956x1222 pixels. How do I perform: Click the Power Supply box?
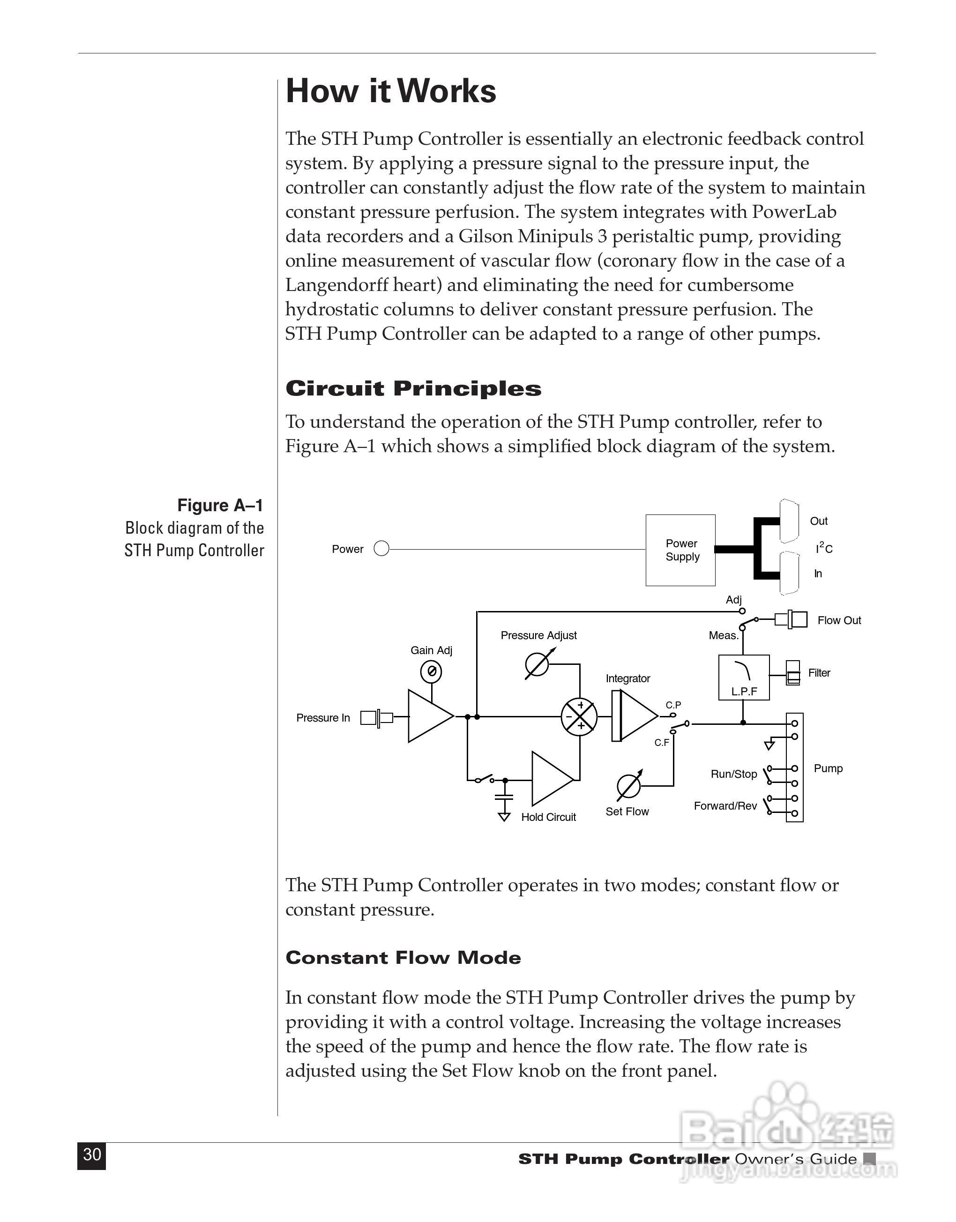(680, 550)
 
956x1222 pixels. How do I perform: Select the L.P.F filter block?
(744, 677)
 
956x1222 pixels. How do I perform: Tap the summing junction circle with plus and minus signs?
(579, 716)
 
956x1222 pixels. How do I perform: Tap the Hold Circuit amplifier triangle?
(551, 779)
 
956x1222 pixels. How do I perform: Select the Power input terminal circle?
(381, 549)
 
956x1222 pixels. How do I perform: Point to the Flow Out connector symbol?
(791, 619)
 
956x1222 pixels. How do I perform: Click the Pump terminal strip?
(794, 767)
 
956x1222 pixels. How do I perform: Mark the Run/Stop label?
(733, 775)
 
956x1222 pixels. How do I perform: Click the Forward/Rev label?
(725, 806)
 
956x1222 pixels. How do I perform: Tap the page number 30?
(92, 1155)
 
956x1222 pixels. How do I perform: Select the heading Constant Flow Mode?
(403, 957)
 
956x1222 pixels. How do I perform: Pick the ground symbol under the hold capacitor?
(504, 816)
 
